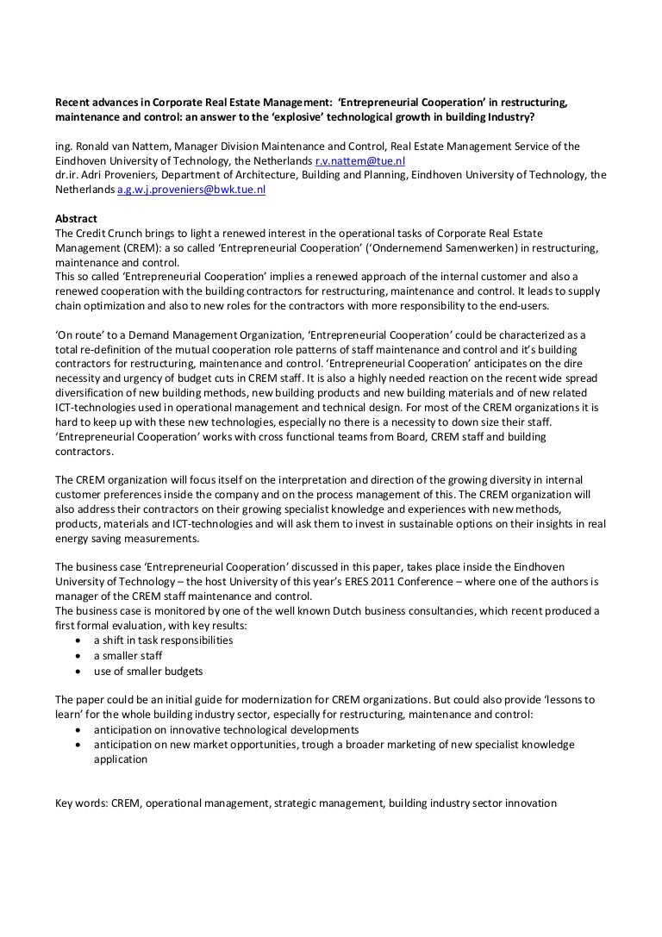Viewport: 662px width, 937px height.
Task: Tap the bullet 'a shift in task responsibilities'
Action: pyautogui.click(x=163, y=640)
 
